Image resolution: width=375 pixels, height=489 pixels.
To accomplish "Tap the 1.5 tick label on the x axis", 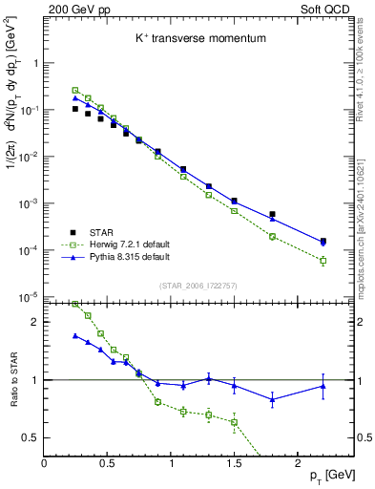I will [x=234, y=462].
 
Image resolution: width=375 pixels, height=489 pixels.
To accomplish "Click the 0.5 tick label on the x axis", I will [x=108, y=462].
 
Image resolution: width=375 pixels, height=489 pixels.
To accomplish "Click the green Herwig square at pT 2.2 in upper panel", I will [x=323, y=260].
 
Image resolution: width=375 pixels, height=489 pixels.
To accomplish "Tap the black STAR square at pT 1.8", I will [x=272, y=215].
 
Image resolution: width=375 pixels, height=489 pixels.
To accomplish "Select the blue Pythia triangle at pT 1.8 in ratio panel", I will [x=272, y=399].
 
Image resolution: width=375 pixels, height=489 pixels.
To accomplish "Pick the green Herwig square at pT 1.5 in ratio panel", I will [x=234, y=422].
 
